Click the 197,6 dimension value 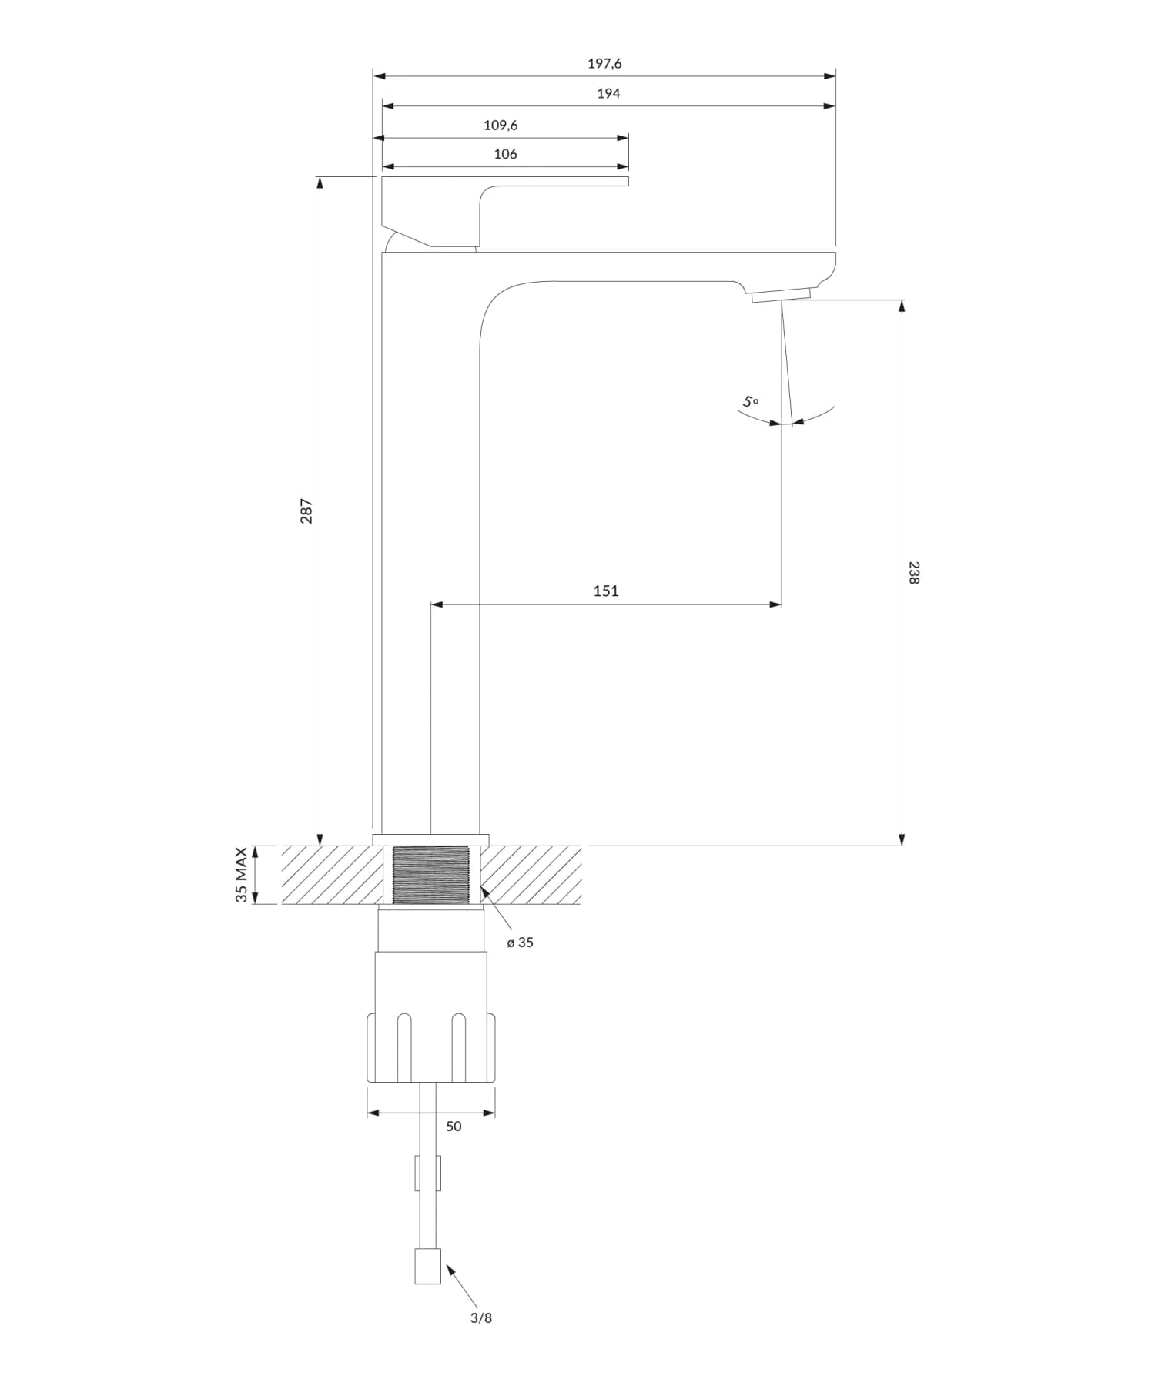tap(604, 64)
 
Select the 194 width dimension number tap(608, 93)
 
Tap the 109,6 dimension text tap(500, 125)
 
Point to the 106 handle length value tap(505, 154)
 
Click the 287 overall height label tap(306, 511)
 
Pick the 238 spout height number tap(914, 573)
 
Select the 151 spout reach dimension tap(606, 591)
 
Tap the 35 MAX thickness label tap(242, 875)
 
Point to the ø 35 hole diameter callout tap(520, 942)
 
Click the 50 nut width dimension tap(454, 1126)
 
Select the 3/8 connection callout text tap(481, 1318)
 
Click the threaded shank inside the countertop tap(431, 875)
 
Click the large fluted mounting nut tap(431, 1047)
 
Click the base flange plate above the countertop tap(431, 839)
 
